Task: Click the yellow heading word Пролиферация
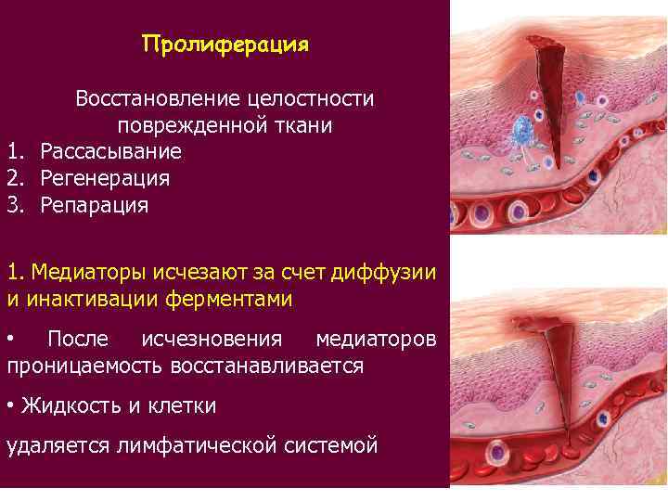[x=225, y=45]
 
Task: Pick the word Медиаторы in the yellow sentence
[x=80, y=272]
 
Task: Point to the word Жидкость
[x=66, y=405]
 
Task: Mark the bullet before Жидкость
[x=10, y=405]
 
